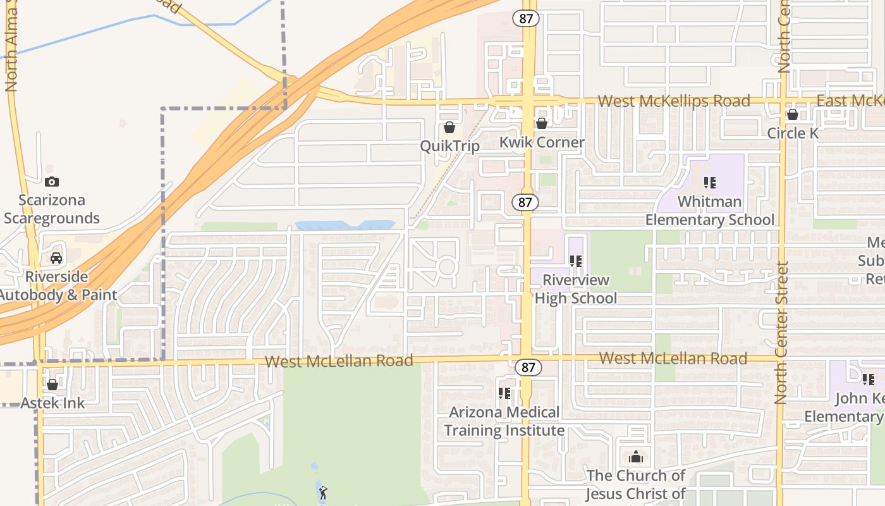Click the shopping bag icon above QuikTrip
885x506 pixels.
click(449, 127)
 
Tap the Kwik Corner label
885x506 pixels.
click(542, 142)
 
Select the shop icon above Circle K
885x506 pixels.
click(792, 114)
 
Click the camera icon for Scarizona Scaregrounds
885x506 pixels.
click(52, 182)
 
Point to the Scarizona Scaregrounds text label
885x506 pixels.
click(52, 209)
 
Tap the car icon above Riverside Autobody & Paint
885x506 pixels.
click(56, 258)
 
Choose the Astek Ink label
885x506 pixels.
click(53, 403)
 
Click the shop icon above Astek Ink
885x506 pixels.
click(52, 385)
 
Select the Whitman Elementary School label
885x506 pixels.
click(710, 211)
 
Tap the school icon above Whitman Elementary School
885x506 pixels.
click(710, 183)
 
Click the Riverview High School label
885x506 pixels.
click(575, 289)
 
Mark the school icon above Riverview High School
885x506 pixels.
click(575, 261)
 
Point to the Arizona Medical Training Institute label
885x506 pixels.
click(504, 421)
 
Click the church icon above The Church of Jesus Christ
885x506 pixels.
click(636, 457)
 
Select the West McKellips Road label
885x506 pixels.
click(674, 101)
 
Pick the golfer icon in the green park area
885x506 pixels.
click(323, 491)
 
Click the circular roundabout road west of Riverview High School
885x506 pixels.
click(447, 266)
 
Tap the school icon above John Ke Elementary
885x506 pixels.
click(869, 379)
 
